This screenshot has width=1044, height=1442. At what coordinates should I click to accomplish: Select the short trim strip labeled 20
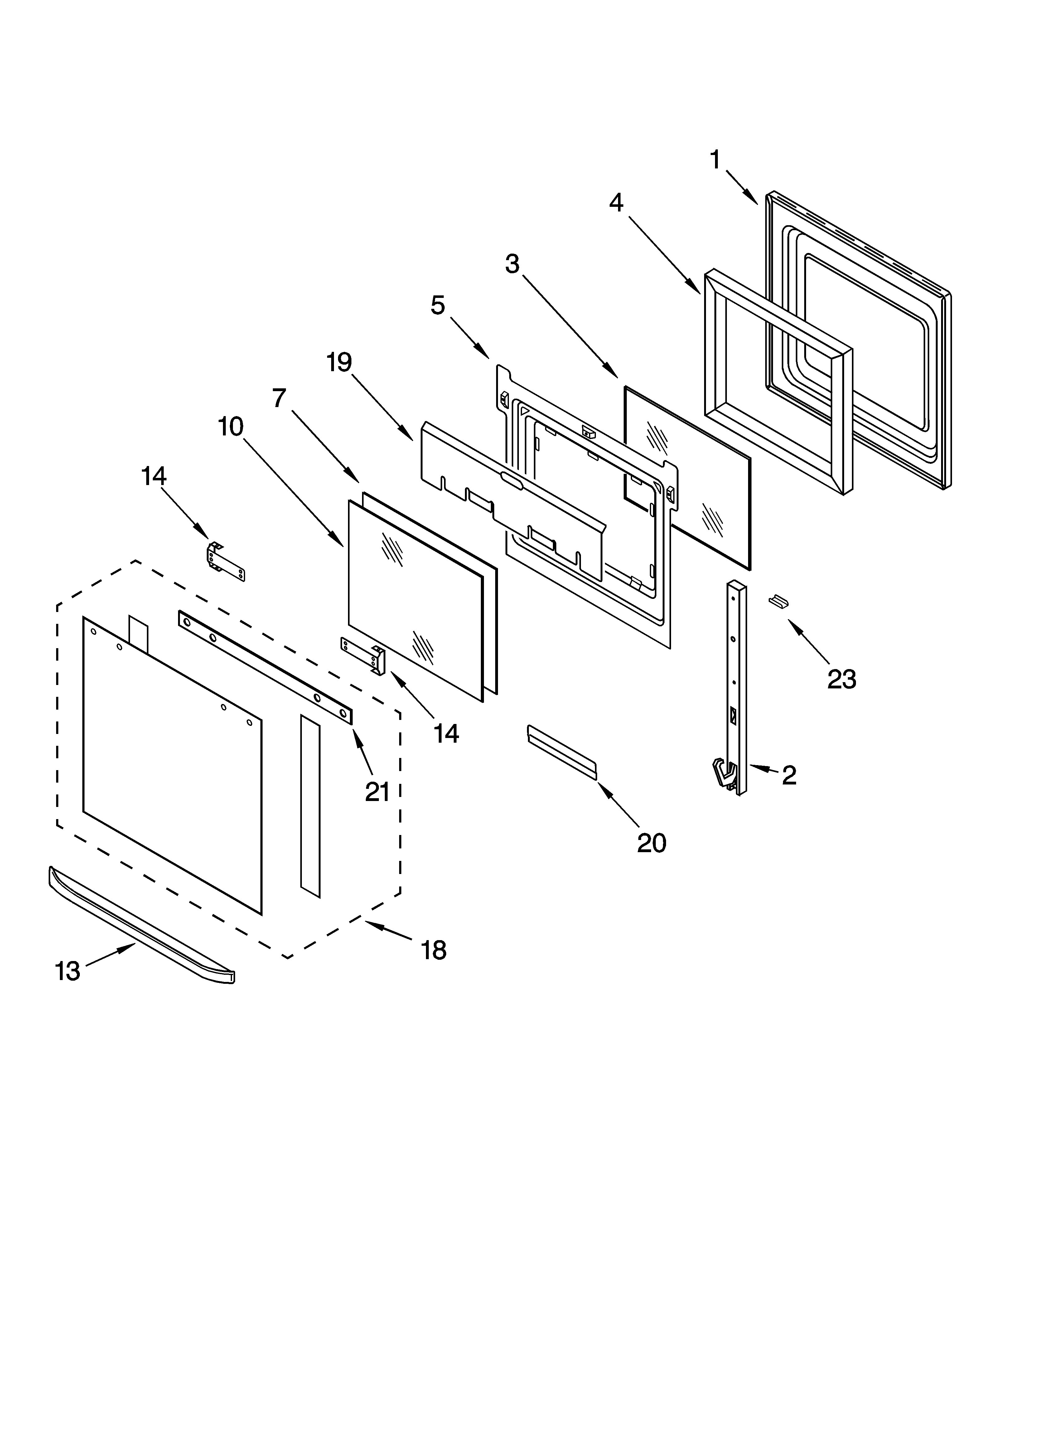(561, 751)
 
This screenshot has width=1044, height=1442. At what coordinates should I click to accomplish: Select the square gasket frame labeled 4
(777, 380)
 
